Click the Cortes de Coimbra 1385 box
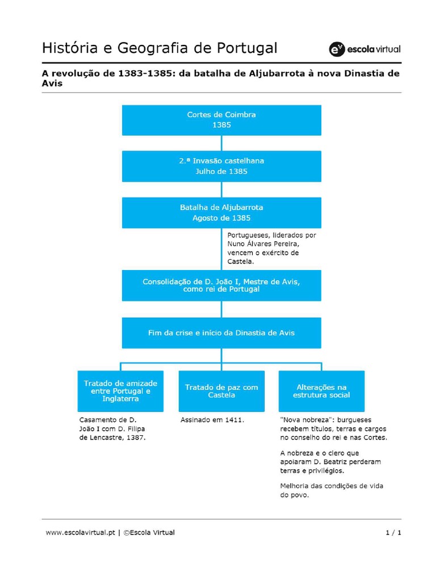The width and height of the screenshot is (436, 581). coord(221,120)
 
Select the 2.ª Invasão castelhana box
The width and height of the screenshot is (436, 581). coord(221,166)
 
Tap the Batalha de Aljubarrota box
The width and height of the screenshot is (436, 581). coord(221,212)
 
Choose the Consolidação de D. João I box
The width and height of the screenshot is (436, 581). coord(221,285)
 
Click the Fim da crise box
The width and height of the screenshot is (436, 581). coord(221,332)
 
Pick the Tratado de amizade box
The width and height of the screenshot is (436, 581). coord(120,391)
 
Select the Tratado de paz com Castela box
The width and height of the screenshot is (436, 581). coord(222,391)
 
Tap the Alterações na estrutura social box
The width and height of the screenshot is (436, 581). coord(321,391)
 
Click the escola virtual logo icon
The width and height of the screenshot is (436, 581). coord(337,49)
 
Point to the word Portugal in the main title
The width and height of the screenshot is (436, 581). coord(247,48)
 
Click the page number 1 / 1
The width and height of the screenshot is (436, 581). coord(393,533)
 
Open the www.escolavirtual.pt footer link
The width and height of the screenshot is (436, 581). coord(81,533)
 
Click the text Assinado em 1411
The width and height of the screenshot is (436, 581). coord(212,420)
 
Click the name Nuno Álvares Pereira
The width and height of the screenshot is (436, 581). coord(263,244)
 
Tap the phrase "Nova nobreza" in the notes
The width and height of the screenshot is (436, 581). coord(305,420)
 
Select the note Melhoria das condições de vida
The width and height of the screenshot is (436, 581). coord(332,486)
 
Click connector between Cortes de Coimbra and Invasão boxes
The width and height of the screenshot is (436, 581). coord(221,143)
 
